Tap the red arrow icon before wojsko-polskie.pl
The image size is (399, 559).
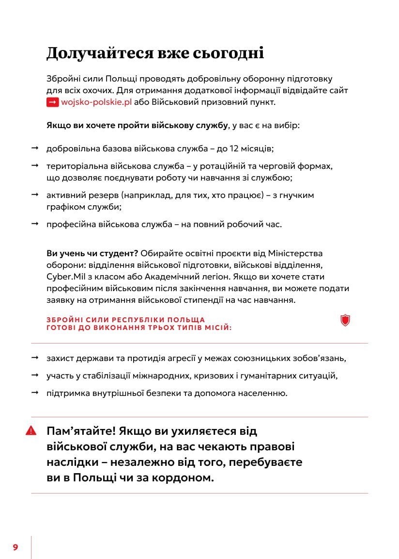click(52, 102)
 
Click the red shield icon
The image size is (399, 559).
click(345, 320)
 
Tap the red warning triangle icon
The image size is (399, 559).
click(31, 430)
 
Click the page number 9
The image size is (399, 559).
click(15, 547)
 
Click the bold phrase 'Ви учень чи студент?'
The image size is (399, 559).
click(92, 253)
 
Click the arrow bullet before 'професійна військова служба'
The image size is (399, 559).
click(35, 224)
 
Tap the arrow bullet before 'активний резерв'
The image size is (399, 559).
click(35, 195)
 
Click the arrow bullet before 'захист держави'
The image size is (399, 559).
click(35, 358)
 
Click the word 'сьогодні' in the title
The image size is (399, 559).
click(230, 53)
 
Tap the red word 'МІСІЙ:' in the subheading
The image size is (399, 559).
click(216, 328)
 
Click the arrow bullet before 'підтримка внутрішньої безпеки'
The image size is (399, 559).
click(35, 393)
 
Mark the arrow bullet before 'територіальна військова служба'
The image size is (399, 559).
click(35, 165)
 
